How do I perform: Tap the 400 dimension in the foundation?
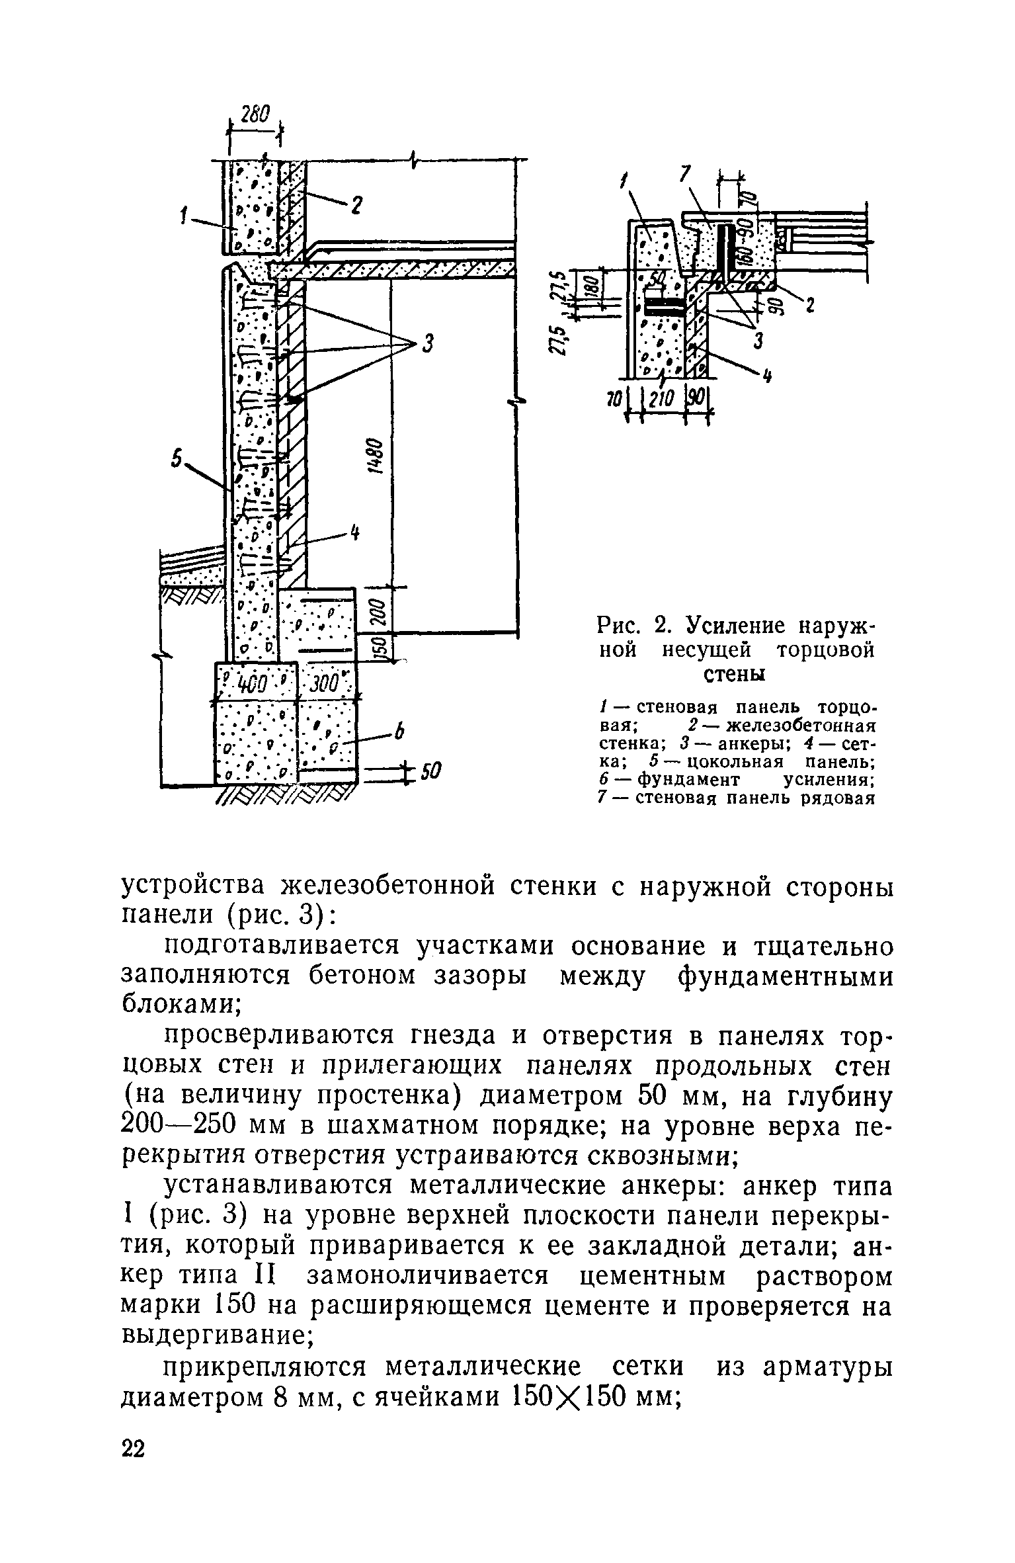pos(252,681)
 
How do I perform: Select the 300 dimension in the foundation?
pos(327,682)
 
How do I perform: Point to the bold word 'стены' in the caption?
pos(733,675)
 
